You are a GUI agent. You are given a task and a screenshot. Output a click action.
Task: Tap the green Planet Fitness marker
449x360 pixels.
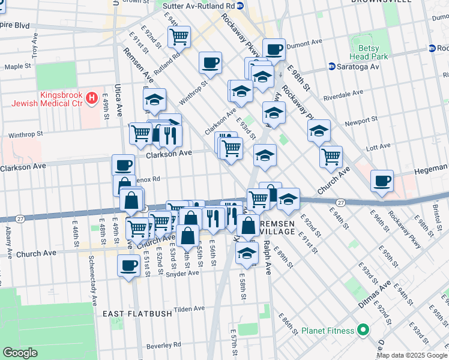click(363, 329)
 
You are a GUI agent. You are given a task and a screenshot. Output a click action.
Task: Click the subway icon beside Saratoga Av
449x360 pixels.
click(331, 67)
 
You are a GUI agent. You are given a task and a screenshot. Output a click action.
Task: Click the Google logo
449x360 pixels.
click(21, 353)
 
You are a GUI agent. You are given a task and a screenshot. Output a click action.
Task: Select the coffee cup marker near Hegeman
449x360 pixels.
click(382, 181)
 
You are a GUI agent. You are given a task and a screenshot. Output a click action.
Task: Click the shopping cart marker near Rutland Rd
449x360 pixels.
click(179, 37)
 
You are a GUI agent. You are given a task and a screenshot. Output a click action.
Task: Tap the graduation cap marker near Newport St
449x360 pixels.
click(319, 130)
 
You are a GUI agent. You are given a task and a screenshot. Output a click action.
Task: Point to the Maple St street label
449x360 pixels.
click(18, 67)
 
